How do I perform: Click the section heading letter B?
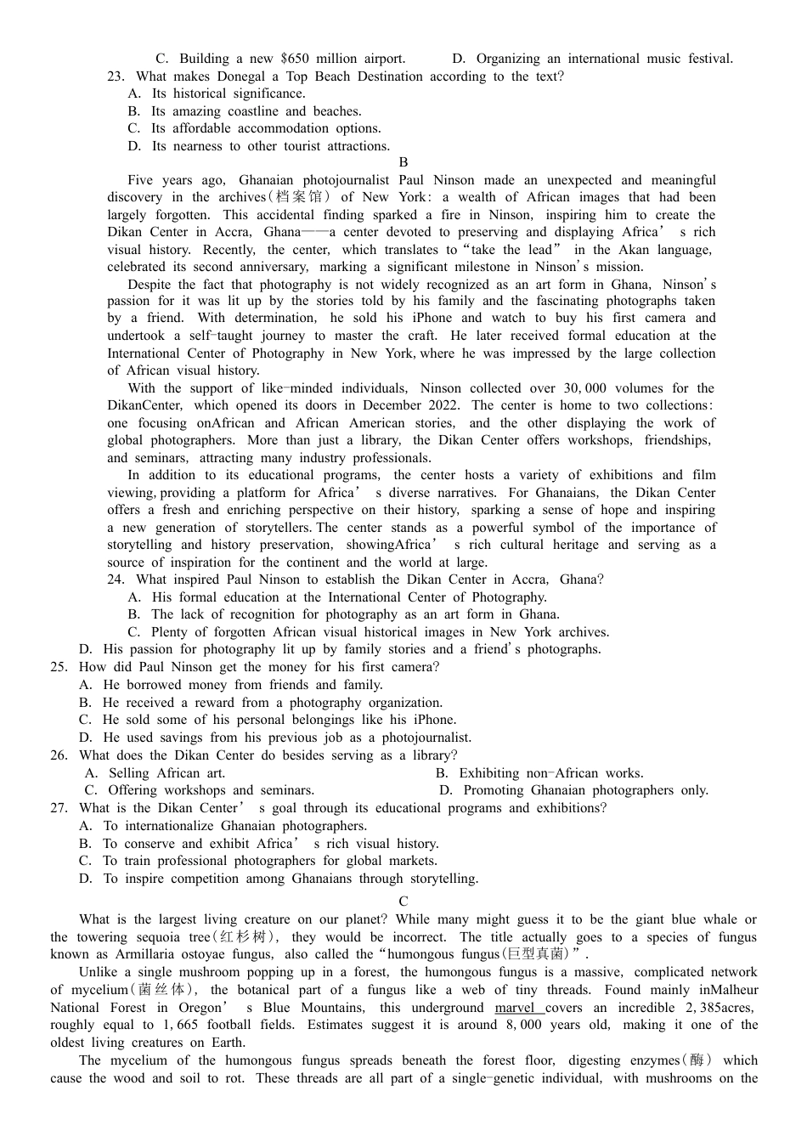tap(403, 162)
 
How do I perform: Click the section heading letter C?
tap(403, 902)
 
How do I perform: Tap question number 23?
tap(116, 76)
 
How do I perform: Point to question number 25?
tap(59, 667)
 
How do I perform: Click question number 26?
tap(59, 755)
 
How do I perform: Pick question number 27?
tap(59, 808)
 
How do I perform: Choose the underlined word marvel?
tap(519, 1008)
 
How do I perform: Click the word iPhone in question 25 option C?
tap(434, 720)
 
